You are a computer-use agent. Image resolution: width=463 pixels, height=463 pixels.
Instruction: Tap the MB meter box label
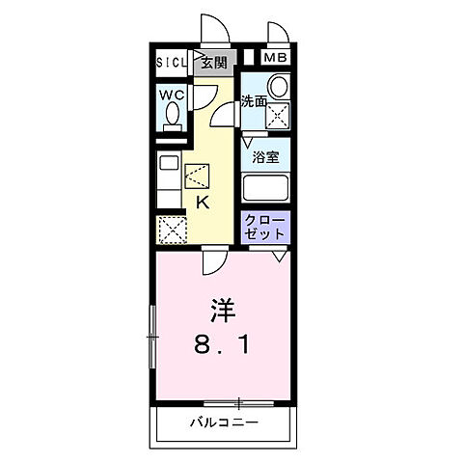click(x=276, y=58)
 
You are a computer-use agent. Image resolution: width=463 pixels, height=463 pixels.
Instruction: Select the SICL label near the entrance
click(x=174, y=64)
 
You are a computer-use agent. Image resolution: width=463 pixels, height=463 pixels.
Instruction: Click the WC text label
click(x=173, y=95)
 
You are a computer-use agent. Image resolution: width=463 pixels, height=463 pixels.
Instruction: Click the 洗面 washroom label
click(x=255, y=101)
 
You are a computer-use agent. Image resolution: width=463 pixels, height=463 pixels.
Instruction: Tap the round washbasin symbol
click(x=278, y=87)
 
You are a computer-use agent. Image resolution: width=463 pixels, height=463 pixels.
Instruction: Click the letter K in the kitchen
click(x=204, y=203)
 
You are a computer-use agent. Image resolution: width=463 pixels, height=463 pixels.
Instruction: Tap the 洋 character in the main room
click(x=223, y=312)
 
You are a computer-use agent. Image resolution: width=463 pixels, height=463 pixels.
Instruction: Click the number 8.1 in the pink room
click(x=223, y=343)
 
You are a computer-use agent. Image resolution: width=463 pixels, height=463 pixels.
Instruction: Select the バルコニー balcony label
click(x=224, y=423)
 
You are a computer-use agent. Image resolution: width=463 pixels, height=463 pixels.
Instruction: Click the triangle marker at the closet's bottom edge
click(x=279, y=256)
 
